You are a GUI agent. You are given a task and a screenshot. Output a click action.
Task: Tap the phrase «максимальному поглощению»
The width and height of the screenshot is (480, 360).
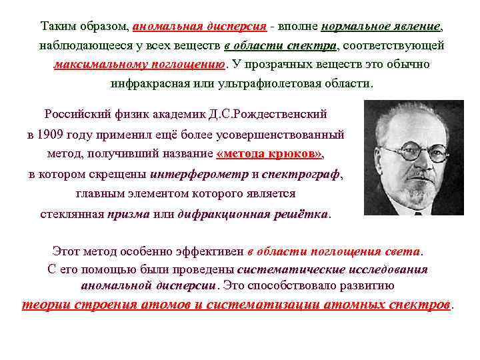click(140, 65)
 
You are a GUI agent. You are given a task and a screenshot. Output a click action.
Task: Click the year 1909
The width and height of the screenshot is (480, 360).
click(55, 134)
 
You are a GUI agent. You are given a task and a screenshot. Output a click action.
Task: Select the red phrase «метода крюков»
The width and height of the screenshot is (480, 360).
click(270, 153)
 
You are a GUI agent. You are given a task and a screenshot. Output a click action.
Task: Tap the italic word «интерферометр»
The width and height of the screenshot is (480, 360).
click(199, 175)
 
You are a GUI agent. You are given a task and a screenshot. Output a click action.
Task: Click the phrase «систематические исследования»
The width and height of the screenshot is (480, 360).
click(332, 269)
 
